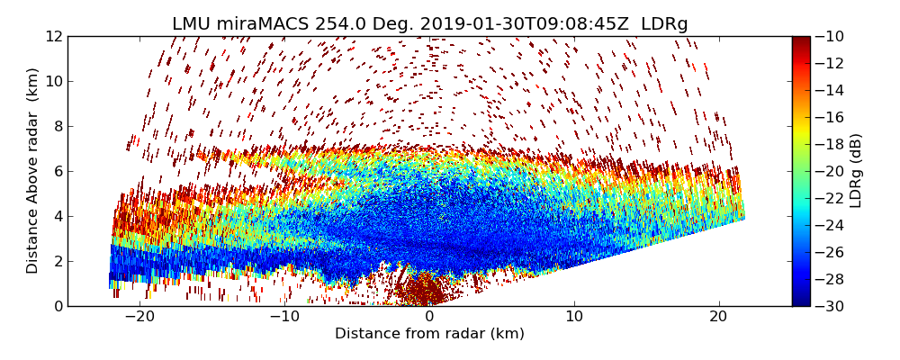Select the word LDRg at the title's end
tap(664, 24)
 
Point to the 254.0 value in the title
tap(338, 24)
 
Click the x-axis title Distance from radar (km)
tap(429, 334)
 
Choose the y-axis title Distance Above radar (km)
tap(33, 171)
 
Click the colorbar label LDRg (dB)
tap(856, 171)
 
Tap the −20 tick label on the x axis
tap(139, 317)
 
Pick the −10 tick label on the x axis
tap(284, 317)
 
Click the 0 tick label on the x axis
tap(429, 317)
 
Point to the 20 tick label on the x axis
tap(718, 317)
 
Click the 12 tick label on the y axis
tap(53, 36)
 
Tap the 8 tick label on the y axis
tap(57, 126)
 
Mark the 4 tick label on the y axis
tap(57, 216)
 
